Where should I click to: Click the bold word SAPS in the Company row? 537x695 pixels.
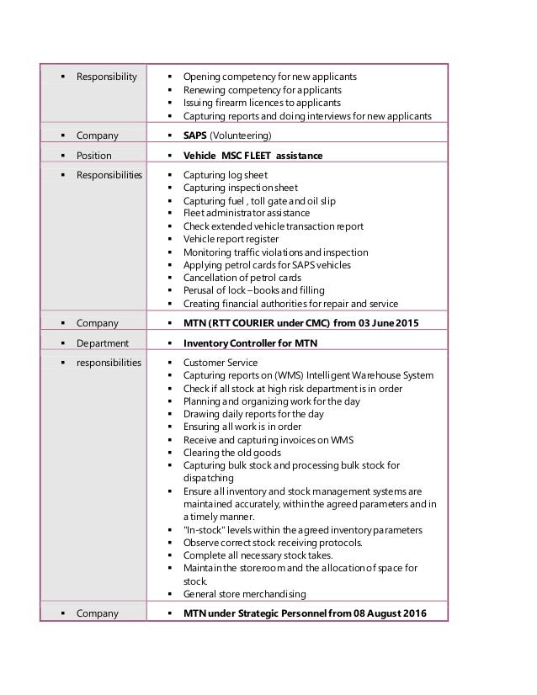click(x=194, y=135)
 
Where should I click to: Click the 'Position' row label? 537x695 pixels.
click(x=94, y=155)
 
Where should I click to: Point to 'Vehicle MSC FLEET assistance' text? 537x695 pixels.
click(x=253, y=155)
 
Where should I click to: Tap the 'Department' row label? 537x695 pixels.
click(x=103, y=342)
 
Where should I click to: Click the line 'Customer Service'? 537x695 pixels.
click(x=220, y=363)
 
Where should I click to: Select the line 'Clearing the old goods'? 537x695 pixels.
click(x=231, y=452)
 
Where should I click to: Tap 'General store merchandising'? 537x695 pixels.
click(x=244, y=594)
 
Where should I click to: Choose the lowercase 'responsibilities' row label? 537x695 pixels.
click(x=109, y=363)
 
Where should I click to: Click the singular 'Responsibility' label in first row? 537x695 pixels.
click(x=106, y=77)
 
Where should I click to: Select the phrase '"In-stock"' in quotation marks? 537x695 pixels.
click(x=205, y=529)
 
